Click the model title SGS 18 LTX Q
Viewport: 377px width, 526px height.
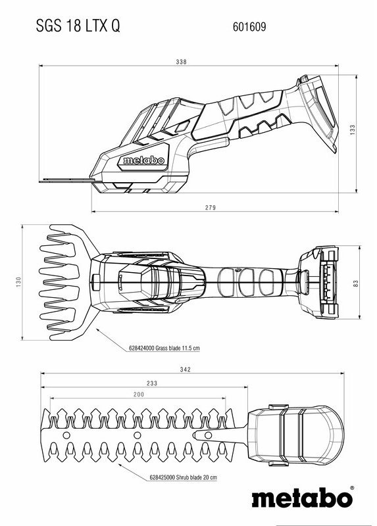point(78,26)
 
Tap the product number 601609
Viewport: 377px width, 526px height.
point(249,27)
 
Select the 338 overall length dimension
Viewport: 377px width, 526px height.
point(181,62)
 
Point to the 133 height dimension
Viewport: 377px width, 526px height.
point(353,130)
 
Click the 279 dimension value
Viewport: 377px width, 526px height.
point(211,208)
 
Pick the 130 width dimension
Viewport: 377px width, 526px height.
point(18,281)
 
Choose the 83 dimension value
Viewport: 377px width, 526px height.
point(356,283)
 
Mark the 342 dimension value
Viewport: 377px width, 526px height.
point(186,370)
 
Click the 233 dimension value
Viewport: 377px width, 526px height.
point(152,383)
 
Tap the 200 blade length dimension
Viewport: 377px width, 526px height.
point(139,394)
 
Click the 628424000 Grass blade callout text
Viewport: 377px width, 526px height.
point(164,348)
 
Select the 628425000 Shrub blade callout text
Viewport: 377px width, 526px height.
point(184,477)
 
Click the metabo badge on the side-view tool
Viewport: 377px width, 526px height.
point(144,160)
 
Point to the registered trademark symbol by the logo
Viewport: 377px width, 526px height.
point(352,488)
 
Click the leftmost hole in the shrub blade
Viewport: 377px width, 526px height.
point(66,435)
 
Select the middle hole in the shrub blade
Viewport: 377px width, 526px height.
point(138,435)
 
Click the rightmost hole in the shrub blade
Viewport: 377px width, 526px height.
point(208,435)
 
